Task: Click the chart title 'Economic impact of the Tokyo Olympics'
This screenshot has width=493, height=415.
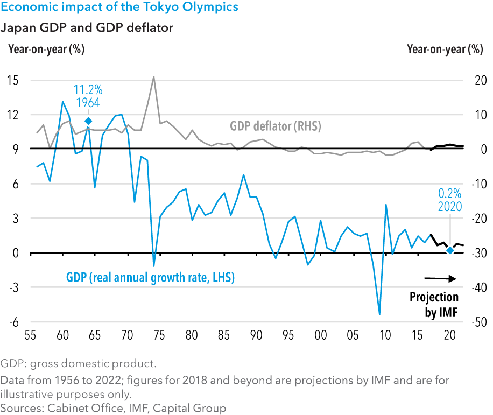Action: pyautogui.click(x=120, y=8)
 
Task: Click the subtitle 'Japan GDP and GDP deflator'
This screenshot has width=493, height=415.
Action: pyautogui.click(x=87, y=27)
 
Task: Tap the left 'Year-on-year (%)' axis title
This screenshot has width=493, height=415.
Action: pyautogui.click(x=46, y=50)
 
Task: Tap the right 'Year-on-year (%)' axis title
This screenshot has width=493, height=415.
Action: pyautogui.click(x=445, y=50)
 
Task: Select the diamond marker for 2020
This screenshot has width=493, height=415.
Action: pyautogui.click(x=450, y=250)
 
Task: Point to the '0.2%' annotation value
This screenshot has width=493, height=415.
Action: pyautogui.click(x=450, y=193)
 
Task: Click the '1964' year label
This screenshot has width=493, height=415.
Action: pyautogui.click(x=87, y=103)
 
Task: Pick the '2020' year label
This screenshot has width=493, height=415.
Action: pyautogui.click(x=450, y=206)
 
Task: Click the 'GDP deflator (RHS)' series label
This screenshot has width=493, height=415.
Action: pyautogui.click(x=275, y=127)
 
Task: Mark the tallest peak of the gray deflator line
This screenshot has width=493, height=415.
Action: pyautogui.click(x=154, y=77)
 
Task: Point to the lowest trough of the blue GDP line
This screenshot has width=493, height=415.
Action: pyautogui.click(x=379, y=314)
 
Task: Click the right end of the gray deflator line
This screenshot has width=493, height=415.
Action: pyautogui.click(x=429, y=150)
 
